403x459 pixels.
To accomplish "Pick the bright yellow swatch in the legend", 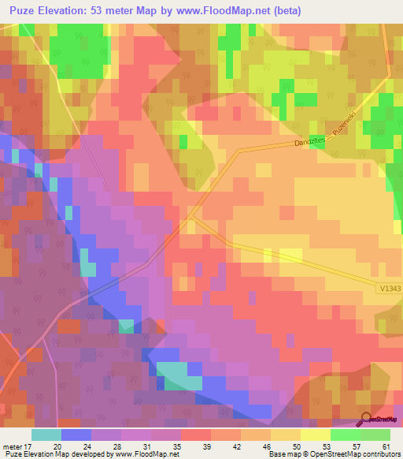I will (x=315, y=434).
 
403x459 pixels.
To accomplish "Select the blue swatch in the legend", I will (x=76, y=434).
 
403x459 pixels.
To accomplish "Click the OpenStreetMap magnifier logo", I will (x=366, y=419).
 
